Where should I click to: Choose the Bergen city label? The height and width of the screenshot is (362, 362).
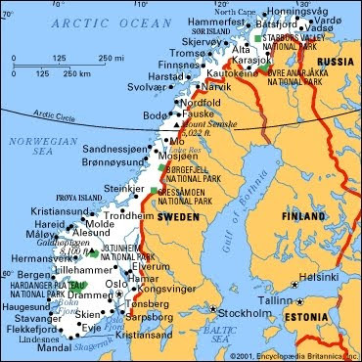click(25, 277)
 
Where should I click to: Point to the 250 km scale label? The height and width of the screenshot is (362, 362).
click(68, 72)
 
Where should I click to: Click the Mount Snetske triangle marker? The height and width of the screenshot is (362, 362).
click(176, 125)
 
